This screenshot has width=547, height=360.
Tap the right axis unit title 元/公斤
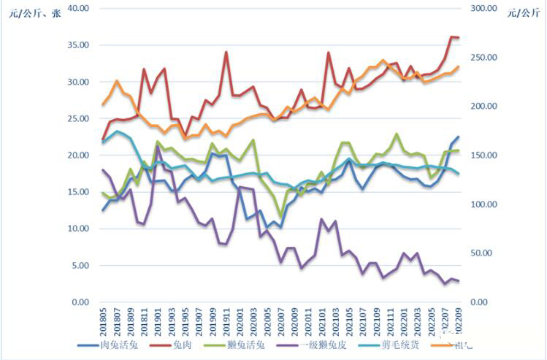pos(521,12)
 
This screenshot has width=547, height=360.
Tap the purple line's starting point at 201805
pos(103,170)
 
